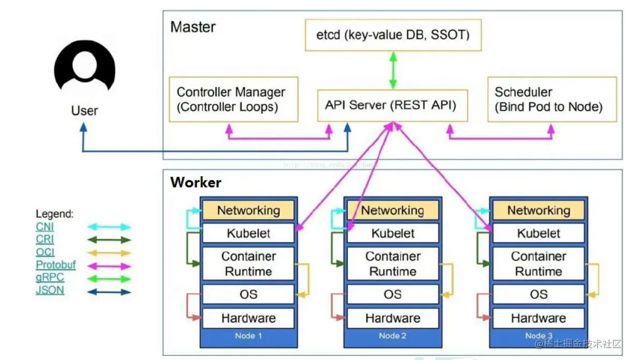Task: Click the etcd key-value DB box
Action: tap(393, 35)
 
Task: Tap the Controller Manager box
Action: tap(233, 99)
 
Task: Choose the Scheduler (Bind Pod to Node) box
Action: tap(551, 99)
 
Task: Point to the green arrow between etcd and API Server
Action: tap(393, 69)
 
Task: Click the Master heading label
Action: tap(193, 27)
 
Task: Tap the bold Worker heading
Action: tap(195, 183)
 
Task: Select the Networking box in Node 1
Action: tap(248, 210)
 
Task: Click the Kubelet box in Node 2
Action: tap(393, 233)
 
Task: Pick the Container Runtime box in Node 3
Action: tap(538, 264)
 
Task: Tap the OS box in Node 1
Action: tap(248, 294)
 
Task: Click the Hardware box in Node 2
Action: tap(393, 318)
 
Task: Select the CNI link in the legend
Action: tap(45, 227)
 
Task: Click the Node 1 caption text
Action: tap(248, 336)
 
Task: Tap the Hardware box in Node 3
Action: tap(538, 318)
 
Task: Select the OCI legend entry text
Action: tap(45, 252)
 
